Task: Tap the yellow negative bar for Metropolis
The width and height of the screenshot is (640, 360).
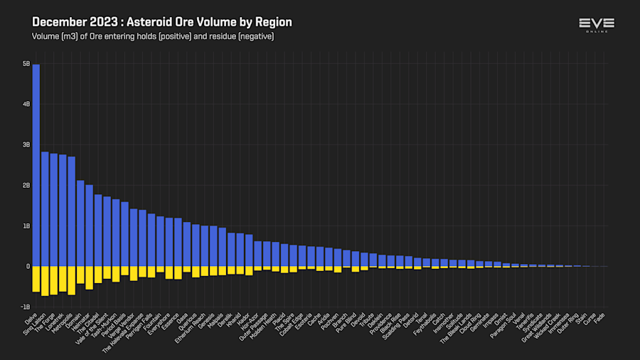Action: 71,280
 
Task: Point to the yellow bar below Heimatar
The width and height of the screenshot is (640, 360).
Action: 89,277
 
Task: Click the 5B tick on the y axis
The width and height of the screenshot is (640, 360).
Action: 26,63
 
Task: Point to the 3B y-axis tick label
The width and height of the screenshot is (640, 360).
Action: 26,144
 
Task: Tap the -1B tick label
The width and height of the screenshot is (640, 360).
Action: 26,307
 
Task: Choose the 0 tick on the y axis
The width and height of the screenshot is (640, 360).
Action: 28,266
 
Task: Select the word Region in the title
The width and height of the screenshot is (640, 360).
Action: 273,23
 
